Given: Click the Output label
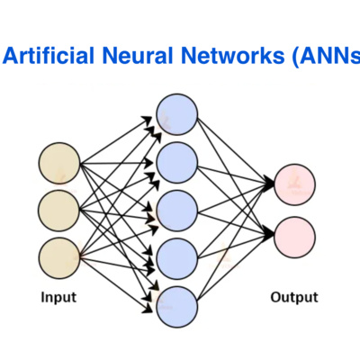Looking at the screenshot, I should click(x=294, y=296).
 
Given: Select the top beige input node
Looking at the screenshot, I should click(x=59, y=165).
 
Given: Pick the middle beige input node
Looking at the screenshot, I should click(x=59, y=209).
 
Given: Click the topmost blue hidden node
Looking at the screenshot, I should click(x=176, y=114).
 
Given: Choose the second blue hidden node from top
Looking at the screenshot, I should click(x=176, y=162).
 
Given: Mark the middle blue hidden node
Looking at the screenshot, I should click(x=176, y=210).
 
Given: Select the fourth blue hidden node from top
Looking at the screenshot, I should click(x=176, y=258).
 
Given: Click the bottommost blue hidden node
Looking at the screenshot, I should click(x=176, y=306).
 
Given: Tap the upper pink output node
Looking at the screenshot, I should click(x=295, y=184).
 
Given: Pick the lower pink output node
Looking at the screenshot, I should click(x=295, y=235).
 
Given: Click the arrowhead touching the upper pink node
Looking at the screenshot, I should click(x=271, y=184).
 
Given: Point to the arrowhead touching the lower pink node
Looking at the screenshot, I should click(x=271, y=235).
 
